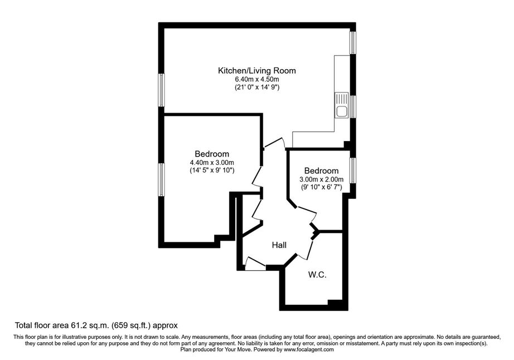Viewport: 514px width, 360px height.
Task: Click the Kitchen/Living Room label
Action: [257, 71]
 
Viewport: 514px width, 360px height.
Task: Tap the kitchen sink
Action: [342, 105]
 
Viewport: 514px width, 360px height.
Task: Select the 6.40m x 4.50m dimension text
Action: [257, 79]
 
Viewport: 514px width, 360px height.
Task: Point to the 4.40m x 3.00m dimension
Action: [212, 163]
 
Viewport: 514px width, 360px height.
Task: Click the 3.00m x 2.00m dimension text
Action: [321, 179]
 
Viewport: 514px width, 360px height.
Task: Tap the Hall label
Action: [279, 245]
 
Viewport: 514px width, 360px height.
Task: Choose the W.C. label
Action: [317, 275]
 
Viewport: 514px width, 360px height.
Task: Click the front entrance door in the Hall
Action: [255, 264]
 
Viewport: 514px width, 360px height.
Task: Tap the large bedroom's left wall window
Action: [161, 180]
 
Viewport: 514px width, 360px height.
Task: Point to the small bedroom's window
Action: [353, 171]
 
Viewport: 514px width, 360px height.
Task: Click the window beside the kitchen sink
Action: [353, 107]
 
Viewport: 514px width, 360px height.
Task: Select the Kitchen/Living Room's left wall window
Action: [161, 90]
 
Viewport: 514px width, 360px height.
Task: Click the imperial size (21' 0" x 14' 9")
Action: [257, 87]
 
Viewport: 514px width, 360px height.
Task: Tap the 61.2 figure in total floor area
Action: [77, 325]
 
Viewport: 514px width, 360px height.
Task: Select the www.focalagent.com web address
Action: [308, 349]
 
